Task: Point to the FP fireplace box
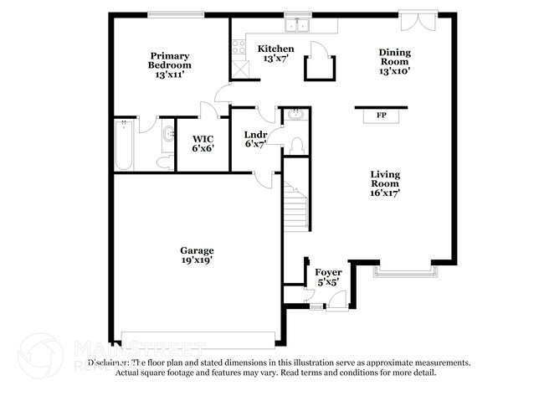[x=381, y=115]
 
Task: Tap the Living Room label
[x=385, y=183]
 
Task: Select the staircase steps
[x=293, y=209]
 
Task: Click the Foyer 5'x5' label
[x=328, y=278]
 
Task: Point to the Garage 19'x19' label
[x=197, y=255]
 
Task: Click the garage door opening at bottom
[x=199, y=339]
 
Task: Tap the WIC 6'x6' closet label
[x=203, y=143]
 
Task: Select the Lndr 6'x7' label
[x=255, y=139]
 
